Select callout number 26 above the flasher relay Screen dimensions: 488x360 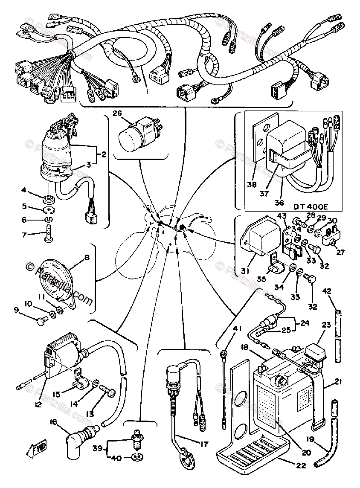[x=117, y=113]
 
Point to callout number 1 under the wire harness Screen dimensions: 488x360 [x=147, y=91]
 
